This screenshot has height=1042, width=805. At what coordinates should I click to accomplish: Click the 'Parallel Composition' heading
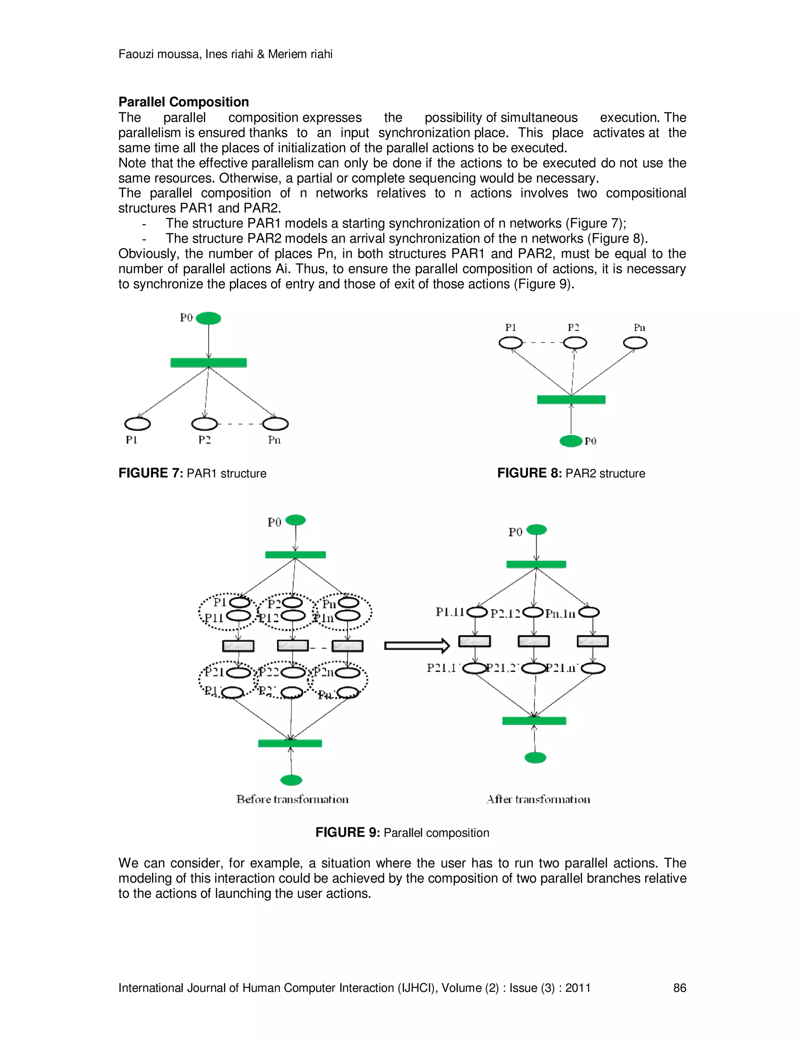point(184,102)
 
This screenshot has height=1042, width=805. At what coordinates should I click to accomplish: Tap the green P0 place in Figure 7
point(208,318)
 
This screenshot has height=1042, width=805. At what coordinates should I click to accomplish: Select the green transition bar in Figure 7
point(208,363)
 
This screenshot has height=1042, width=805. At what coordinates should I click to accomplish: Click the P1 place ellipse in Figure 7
point(137,423)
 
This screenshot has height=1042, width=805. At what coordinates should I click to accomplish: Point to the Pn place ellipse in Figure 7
point(275,423)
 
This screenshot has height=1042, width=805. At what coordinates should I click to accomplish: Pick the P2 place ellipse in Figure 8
point(575,343)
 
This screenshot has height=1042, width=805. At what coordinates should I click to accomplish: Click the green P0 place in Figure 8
point(571,441)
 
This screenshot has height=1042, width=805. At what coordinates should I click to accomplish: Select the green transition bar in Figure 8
point(571,400)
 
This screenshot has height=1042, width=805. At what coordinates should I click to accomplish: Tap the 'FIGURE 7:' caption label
point(150,473)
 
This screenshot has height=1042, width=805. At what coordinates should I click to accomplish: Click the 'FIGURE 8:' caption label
point(529,473)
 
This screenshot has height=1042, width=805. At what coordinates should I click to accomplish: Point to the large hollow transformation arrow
point(417,646)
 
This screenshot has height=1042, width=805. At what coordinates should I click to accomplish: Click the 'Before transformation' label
point(292,799)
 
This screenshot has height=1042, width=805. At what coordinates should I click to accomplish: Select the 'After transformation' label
point(538,799)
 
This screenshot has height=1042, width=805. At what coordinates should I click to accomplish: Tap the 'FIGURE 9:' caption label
point(347,832)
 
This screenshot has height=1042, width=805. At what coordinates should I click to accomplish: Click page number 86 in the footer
point(679,988)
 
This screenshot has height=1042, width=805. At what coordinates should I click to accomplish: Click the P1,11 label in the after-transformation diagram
point(450,612)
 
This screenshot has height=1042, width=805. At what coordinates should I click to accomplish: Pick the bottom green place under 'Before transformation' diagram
point(291,780)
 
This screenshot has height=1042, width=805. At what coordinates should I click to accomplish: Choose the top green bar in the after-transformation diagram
point(536,564)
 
